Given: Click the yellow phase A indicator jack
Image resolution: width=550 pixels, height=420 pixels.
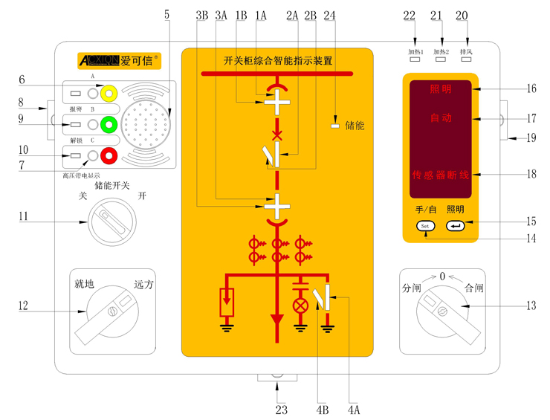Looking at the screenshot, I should pyautogui.click(x=109, y=93).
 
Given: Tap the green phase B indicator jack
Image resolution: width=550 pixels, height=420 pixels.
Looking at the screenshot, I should pyautogui.click(x=109, y=124).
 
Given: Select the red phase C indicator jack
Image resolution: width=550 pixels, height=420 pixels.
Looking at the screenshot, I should pyautogui.click(x=109, y=155).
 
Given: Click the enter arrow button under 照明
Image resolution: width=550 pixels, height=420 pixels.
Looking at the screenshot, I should pyautogui.click(x=455, y=225).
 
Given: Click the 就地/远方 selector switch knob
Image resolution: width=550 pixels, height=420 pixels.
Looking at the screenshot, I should pyautogui.click(x=111, y=311).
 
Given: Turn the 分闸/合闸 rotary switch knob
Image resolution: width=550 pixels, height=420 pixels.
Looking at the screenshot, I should pyautogui.click(x=443, y=311).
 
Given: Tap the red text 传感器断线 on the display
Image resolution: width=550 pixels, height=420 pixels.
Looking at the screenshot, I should pyautogui.click(x=441, y=175).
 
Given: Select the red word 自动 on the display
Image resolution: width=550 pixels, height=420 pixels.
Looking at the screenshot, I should pyautogui.click(x=441, y=118).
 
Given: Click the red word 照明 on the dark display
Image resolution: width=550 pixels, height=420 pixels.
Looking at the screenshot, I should pyautogui.click(x=441, y=89).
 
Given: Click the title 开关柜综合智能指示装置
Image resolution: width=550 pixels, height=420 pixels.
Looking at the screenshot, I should pyautogui.click(x=277, y=61).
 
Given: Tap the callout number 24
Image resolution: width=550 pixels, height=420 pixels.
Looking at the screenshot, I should pyautogui.click(x=330, y=14).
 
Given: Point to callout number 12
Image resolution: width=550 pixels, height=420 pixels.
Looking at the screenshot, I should pyautogui.click(x=22, y=305).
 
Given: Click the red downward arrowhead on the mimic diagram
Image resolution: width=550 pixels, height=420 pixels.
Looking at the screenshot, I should pyautogui.click(x=277, y=320).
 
